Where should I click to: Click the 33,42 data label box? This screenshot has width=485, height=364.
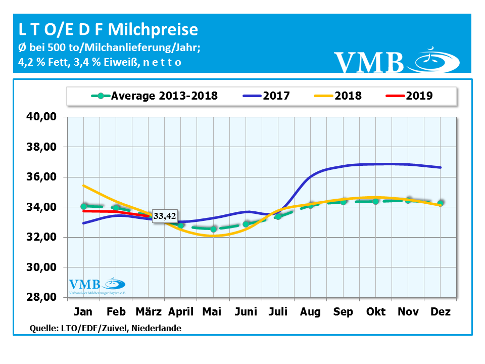(x=165, y=216)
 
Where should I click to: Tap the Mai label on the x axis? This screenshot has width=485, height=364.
(x=212, y=312)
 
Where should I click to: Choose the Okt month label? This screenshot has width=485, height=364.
(x=375, y=312)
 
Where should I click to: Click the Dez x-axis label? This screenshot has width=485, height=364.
(x=441, y=312)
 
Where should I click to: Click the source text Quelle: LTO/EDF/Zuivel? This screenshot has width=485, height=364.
(x=106, y=328)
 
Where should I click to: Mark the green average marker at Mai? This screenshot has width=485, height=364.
(x=213, y=229)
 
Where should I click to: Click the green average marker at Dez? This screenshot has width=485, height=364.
(x=441, y=203)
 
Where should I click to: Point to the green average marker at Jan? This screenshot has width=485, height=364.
(x=84, y=206)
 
